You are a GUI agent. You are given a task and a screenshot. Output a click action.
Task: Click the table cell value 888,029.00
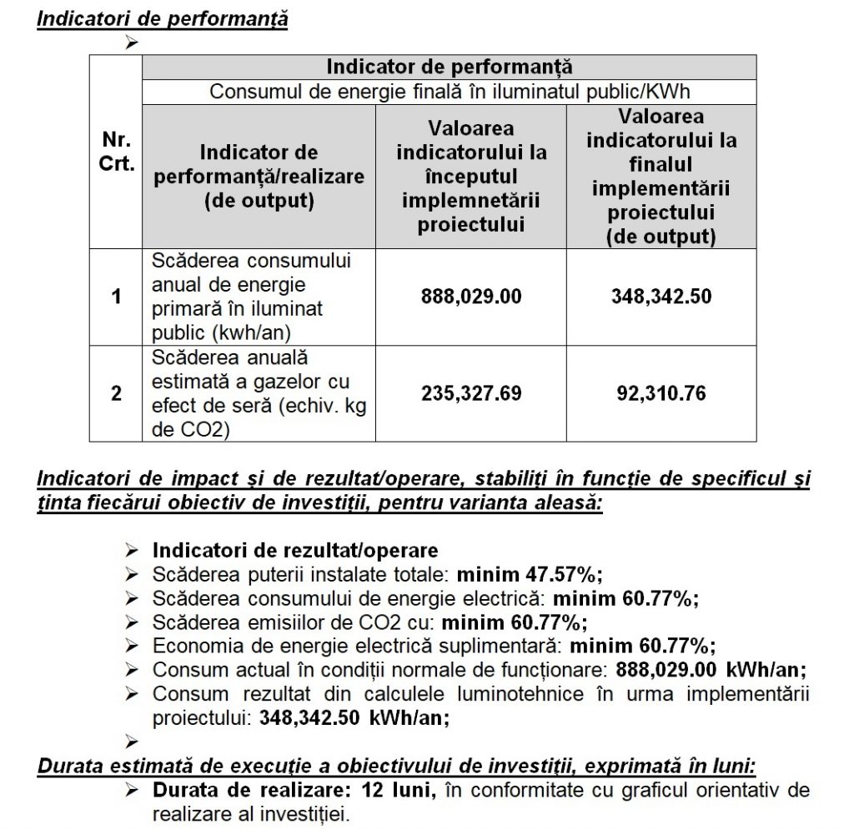pyautogui.click(x=471, y=296)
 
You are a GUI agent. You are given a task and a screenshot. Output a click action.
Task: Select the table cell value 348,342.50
pyautogui.click(x=661, y=296)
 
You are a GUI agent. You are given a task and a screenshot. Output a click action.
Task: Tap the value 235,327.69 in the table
pyautogui.click(x=471, y=392)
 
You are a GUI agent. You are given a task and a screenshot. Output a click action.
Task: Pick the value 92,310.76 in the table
pyautogui.click(x=661, y=392)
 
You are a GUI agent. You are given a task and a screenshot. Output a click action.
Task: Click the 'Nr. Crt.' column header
pyautogui.click(x=118, y=152)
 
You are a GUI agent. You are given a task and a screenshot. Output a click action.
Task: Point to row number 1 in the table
pyautogui.click(x=117, y=296)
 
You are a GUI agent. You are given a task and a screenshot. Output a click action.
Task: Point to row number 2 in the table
pyautogui.click(x=117, y=392)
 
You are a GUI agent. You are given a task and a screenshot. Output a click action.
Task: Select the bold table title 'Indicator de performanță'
pyautogui.click(x=450, y=67)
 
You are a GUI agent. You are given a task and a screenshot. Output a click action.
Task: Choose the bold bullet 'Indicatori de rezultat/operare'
pyautogui.click(x=294, y=551)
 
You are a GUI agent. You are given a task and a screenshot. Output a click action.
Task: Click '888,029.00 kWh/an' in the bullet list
pyautogui.click(x=711, y=670)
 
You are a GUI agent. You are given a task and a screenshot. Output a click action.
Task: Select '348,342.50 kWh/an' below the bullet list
pyautogui.click(x=354, y=717)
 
